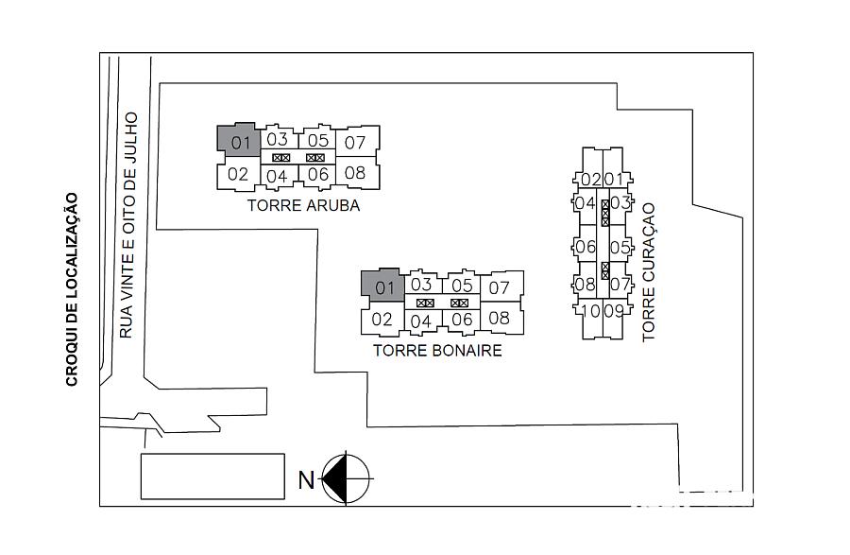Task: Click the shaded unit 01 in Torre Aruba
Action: [x=239, y=142]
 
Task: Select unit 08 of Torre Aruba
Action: [x=357, y=172]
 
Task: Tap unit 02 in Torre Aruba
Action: [x=237, y=175]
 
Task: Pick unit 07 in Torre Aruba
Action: [x=357, y=142]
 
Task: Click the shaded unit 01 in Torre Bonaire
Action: [x=383, y=286]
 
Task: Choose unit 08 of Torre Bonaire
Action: [x=501, y=318]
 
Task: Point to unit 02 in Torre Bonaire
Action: [x=382, y=319]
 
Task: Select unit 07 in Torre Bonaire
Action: [x=501, y=286]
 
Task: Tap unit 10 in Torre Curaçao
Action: [x=589, y=319]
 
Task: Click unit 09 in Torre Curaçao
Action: [x=614, y=319]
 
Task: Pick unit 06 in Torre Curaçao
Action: [x=585, y=247]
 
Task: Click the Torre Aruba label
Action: [x=303, y=205]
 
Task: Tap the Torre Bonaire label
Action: [x=437, y=351]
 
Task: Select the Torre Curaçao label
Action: [x=648, y=272]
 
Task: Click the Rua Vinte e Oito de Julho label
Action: [x=128, y=226]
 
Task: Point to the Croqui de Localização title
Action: [x=72, y=289]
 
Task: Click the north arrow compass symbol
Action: [x=346, y=479]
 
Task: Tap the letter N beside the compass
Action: [x=306, y=479]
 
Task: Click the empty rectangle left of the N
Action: [x=212, y=477]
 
